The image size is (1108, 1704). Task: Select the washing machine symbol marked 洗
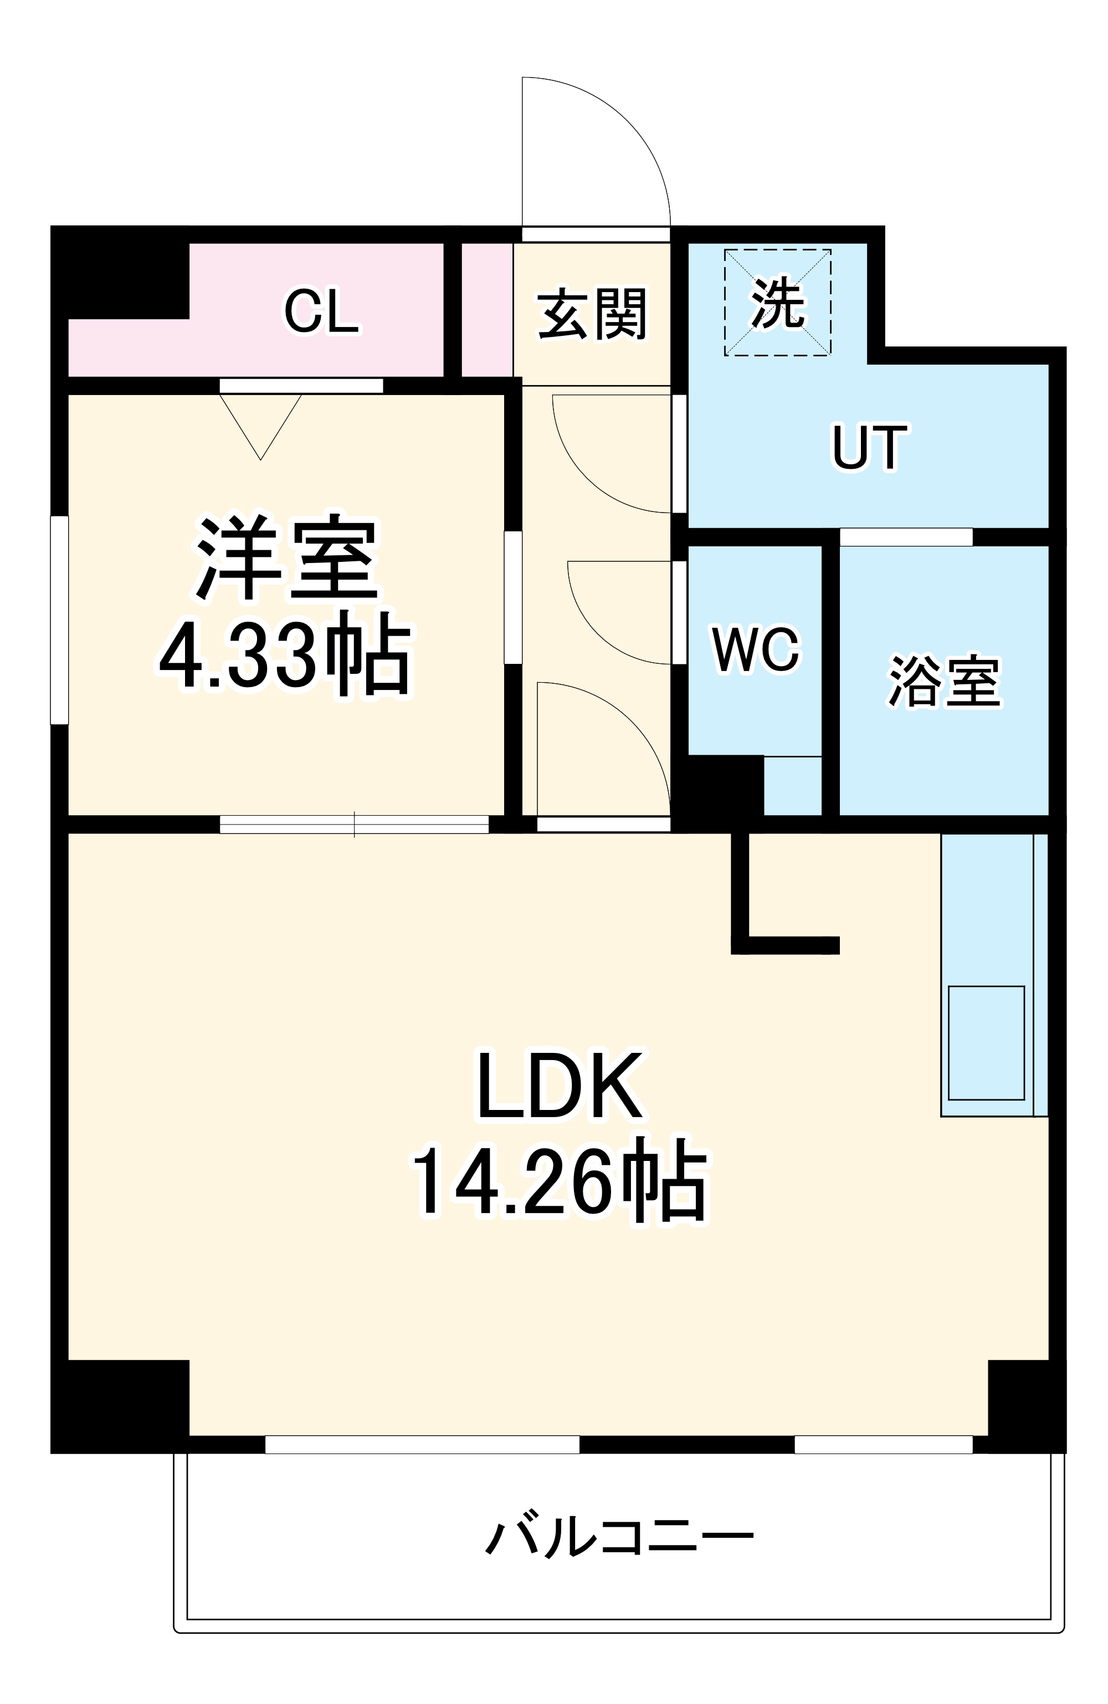(777, 302)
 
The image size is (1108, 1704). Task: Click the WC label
(755, 650)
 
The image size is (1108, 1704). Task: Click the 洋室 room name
(286, 559)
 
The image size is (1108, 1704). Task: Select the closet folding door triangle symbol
(260, 422)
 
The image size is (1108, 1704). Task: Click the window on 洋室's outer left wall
(59, 620)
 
